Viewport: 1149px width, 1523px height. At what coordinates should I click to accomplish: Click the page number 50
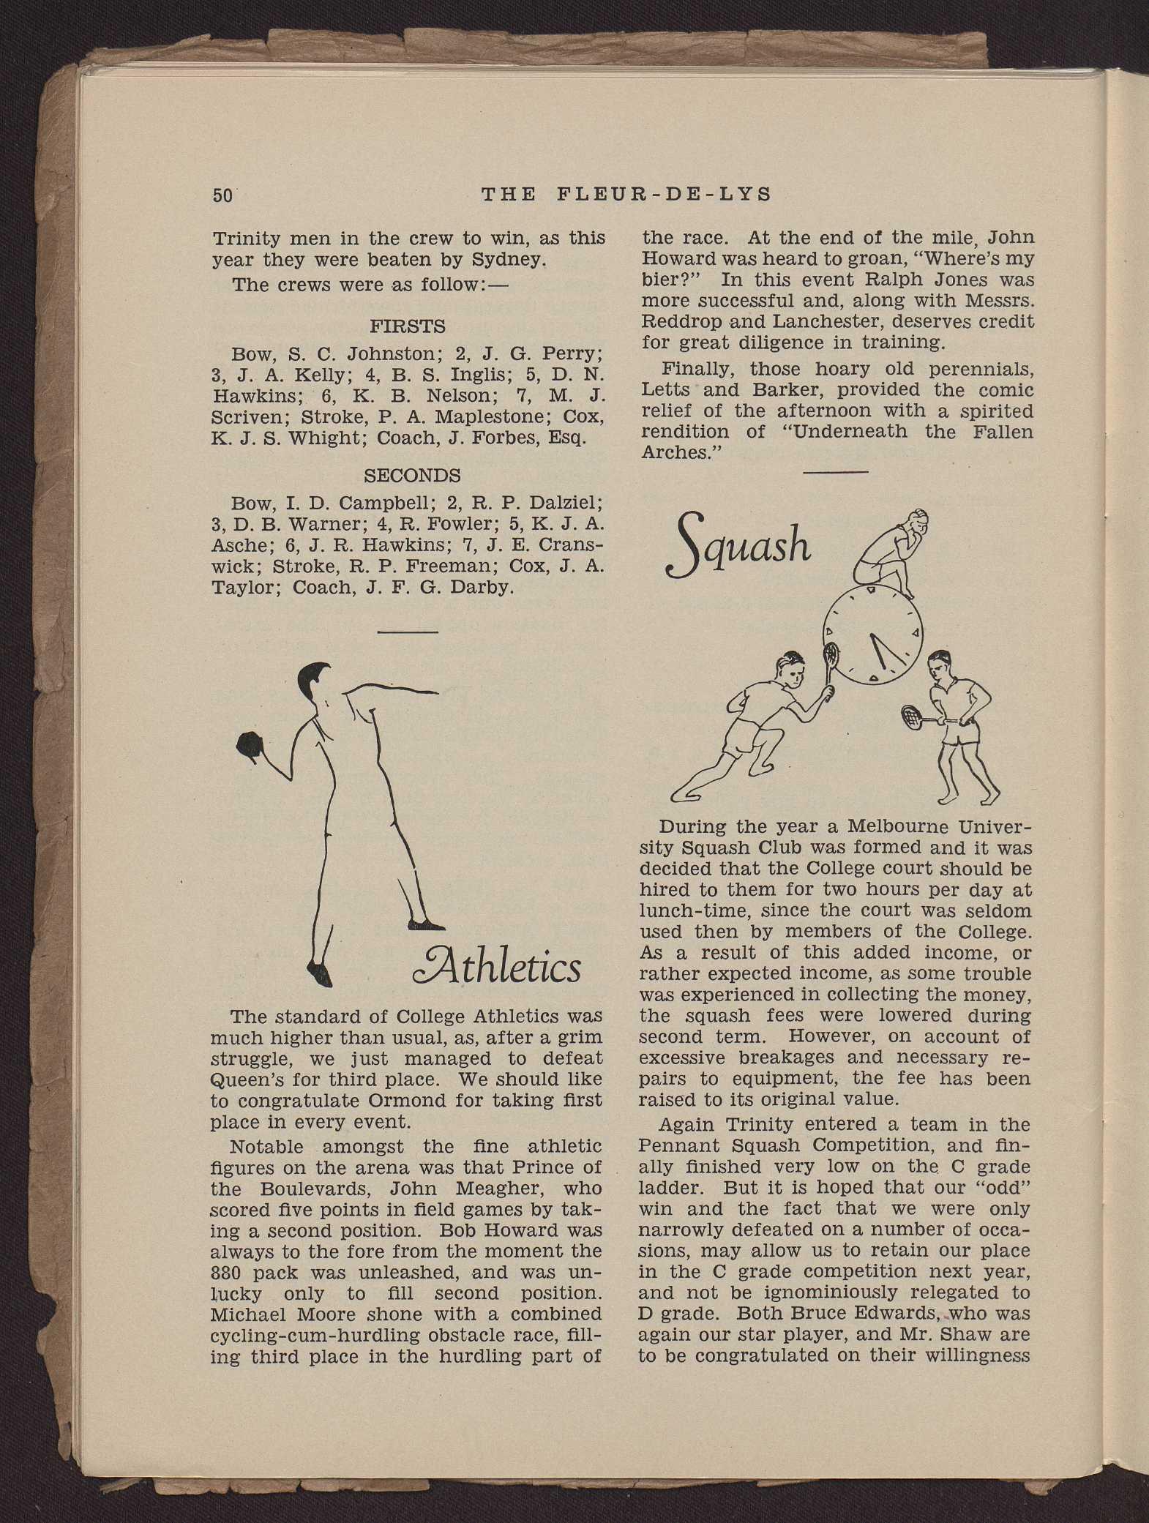(222, 195)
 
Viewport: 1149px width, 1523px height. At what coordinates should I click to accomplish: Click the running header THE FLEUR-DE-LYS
(626, 194)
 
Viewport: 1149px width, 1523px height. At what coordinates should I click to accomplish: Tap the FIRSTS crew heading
(408, 326)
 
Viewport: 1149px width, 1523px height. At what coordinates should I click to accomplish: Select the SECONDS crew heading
(412, 475)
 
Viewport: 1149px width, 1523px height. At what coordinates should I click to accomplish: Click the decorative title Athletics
(497, 968)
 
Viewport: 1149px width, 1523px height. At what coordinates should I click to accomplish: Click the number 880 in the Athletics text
(228, 1273)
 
